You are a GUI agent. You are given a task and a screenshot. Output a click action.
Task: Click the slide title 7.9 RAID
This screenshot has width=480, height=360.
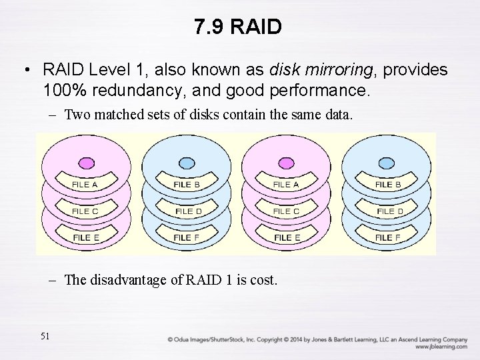click(x=239, y=27)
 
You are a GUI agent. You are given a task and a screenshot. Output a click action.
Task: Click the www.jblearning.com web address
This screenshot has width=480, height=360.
click(x=441, y=347)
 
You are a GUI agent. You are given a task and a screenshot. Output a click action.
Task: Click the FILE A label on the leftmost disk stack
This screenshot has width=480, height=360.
click(x=85, y=184)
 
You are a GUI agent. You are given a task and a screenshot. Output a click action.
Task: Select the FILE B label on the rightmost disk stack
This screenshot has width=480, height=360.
click(x=388, y=184)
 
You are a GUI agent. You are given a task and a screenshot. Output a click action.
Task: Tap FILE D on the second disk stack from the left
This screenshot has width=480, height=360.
click(x=189, y=211)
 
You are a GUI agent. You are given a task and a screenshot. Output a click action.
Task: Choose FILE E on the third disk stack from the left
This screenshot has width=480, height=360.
click(x=287, y=237)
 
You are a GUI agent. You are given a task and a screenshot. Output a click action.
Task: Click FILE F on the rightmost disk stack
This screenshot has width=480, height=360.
click(x=388, y=237)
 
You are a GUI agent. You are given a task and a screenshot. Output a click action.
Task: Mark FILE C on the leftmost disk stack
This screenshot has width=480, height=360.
click(x=85, y=211)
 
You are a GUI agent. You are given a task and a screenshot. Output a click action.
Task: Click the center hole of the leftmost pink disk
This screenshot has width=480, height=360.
click(x=85, y=162)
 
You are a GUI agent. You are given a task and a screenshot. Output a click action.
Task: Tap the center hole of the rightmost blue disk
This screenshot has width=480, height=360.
click(x=386, y=162)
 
